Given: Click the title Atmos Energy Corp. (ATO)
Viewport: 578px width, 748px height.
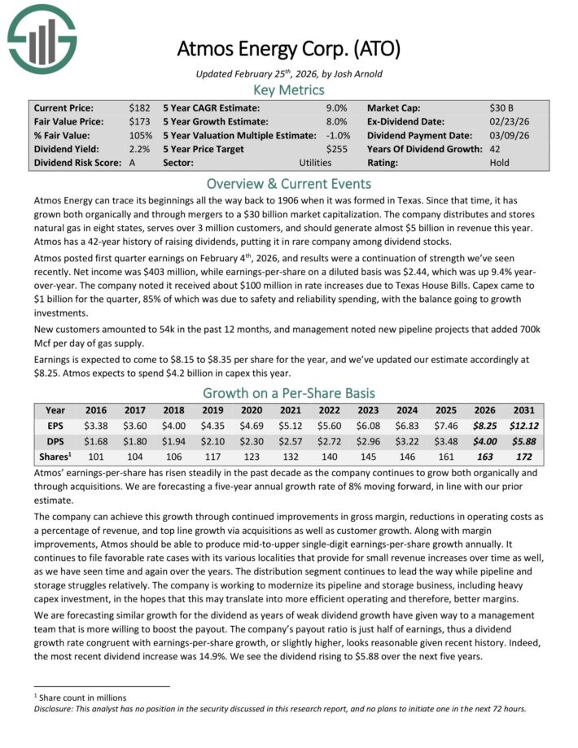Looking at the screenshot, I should pyautogui.click(x=289, y=48).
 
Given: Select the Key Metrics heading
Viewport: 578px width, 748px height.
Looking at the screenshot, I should pyautogui.click(x=289, y=90).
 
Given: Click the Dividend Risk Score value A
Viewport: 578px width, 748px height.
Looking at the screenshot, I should pyautogui.click(x=133, y=163).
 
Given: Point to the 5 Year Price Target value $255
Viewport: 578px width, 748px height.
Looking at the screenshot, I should pyautogui.click(x=336, y=149).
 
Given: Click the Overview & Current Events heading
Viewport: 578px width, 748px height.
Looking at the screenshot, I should pyautogui.click(x=289, y=183).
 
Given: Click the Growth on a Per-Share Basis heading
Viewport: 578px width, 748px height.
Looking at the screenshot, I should pyautogui.click(x=289, y=394).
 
